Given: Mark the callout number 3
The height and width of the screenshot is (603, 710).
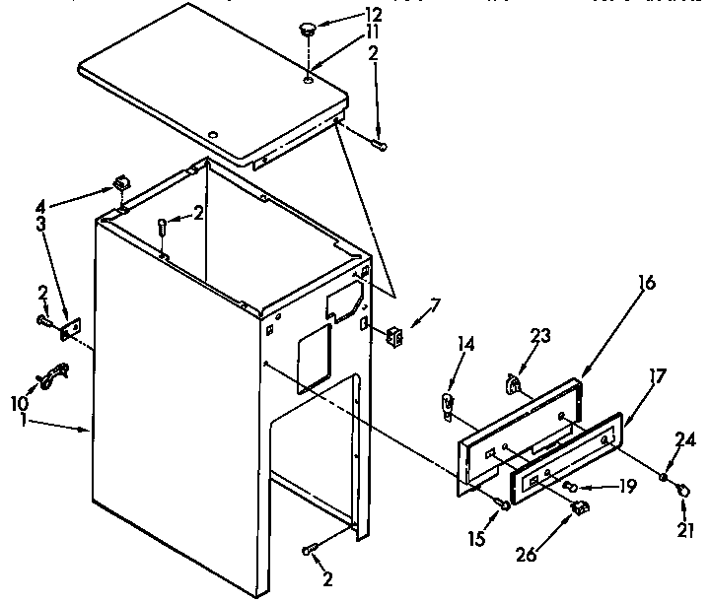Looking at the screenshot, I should tap(40, 224).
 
